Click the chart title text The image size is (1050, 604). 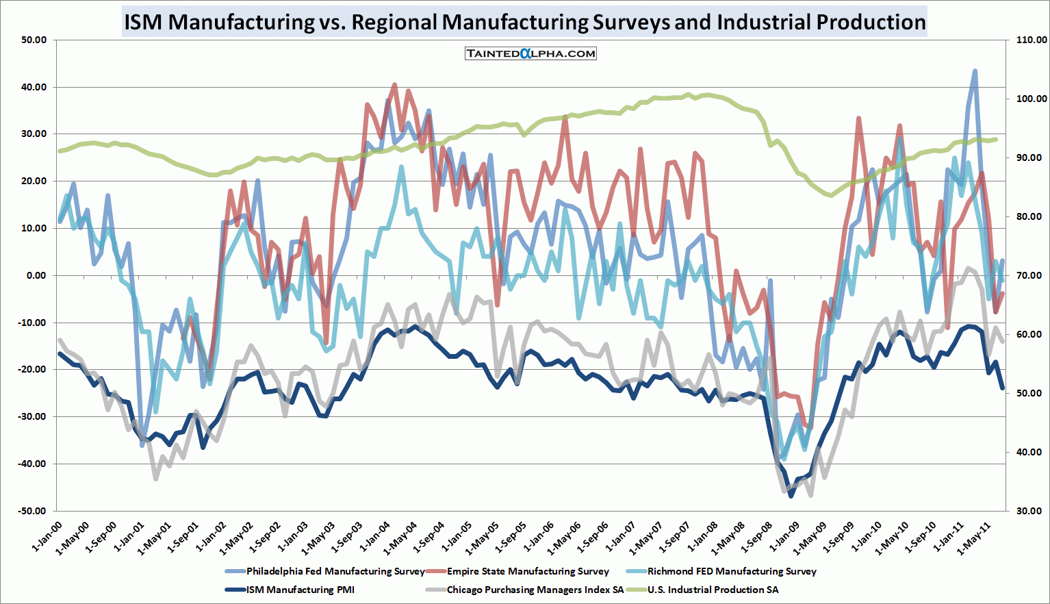pyautogui.click(x=524, y=22)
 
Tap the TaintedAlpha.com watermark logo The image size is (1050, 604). pyautogui.click(x=530, y=53)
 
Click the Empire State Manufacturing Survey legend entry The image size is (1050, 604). pyautogui.click(x=528, y=571)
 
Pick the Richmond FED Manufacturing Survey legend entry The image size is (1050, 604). pyautogui.click(x=732, y=571)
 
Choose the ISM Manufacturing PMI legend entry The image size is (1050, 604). pyautogui.click(x=300, y=590)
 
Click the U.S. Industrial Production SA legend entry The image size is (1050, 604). pyautogui.click(x=713, y=590)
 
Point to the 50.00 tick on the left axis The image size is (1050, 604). pyautogui.click(x=34, y=40)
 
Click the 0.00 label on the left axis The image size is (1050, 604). pyautogui.click(x=36, y=275)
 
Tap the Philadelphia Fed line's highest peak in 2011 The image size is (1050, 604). pyautogui.click(x=975, y=71)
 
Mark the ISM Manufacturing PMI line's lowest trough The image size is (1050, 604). pyautogui.click(x=791, y=496)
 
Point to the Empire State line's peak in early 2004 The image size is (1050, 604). pyautogui.click(x=394, y=85)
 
